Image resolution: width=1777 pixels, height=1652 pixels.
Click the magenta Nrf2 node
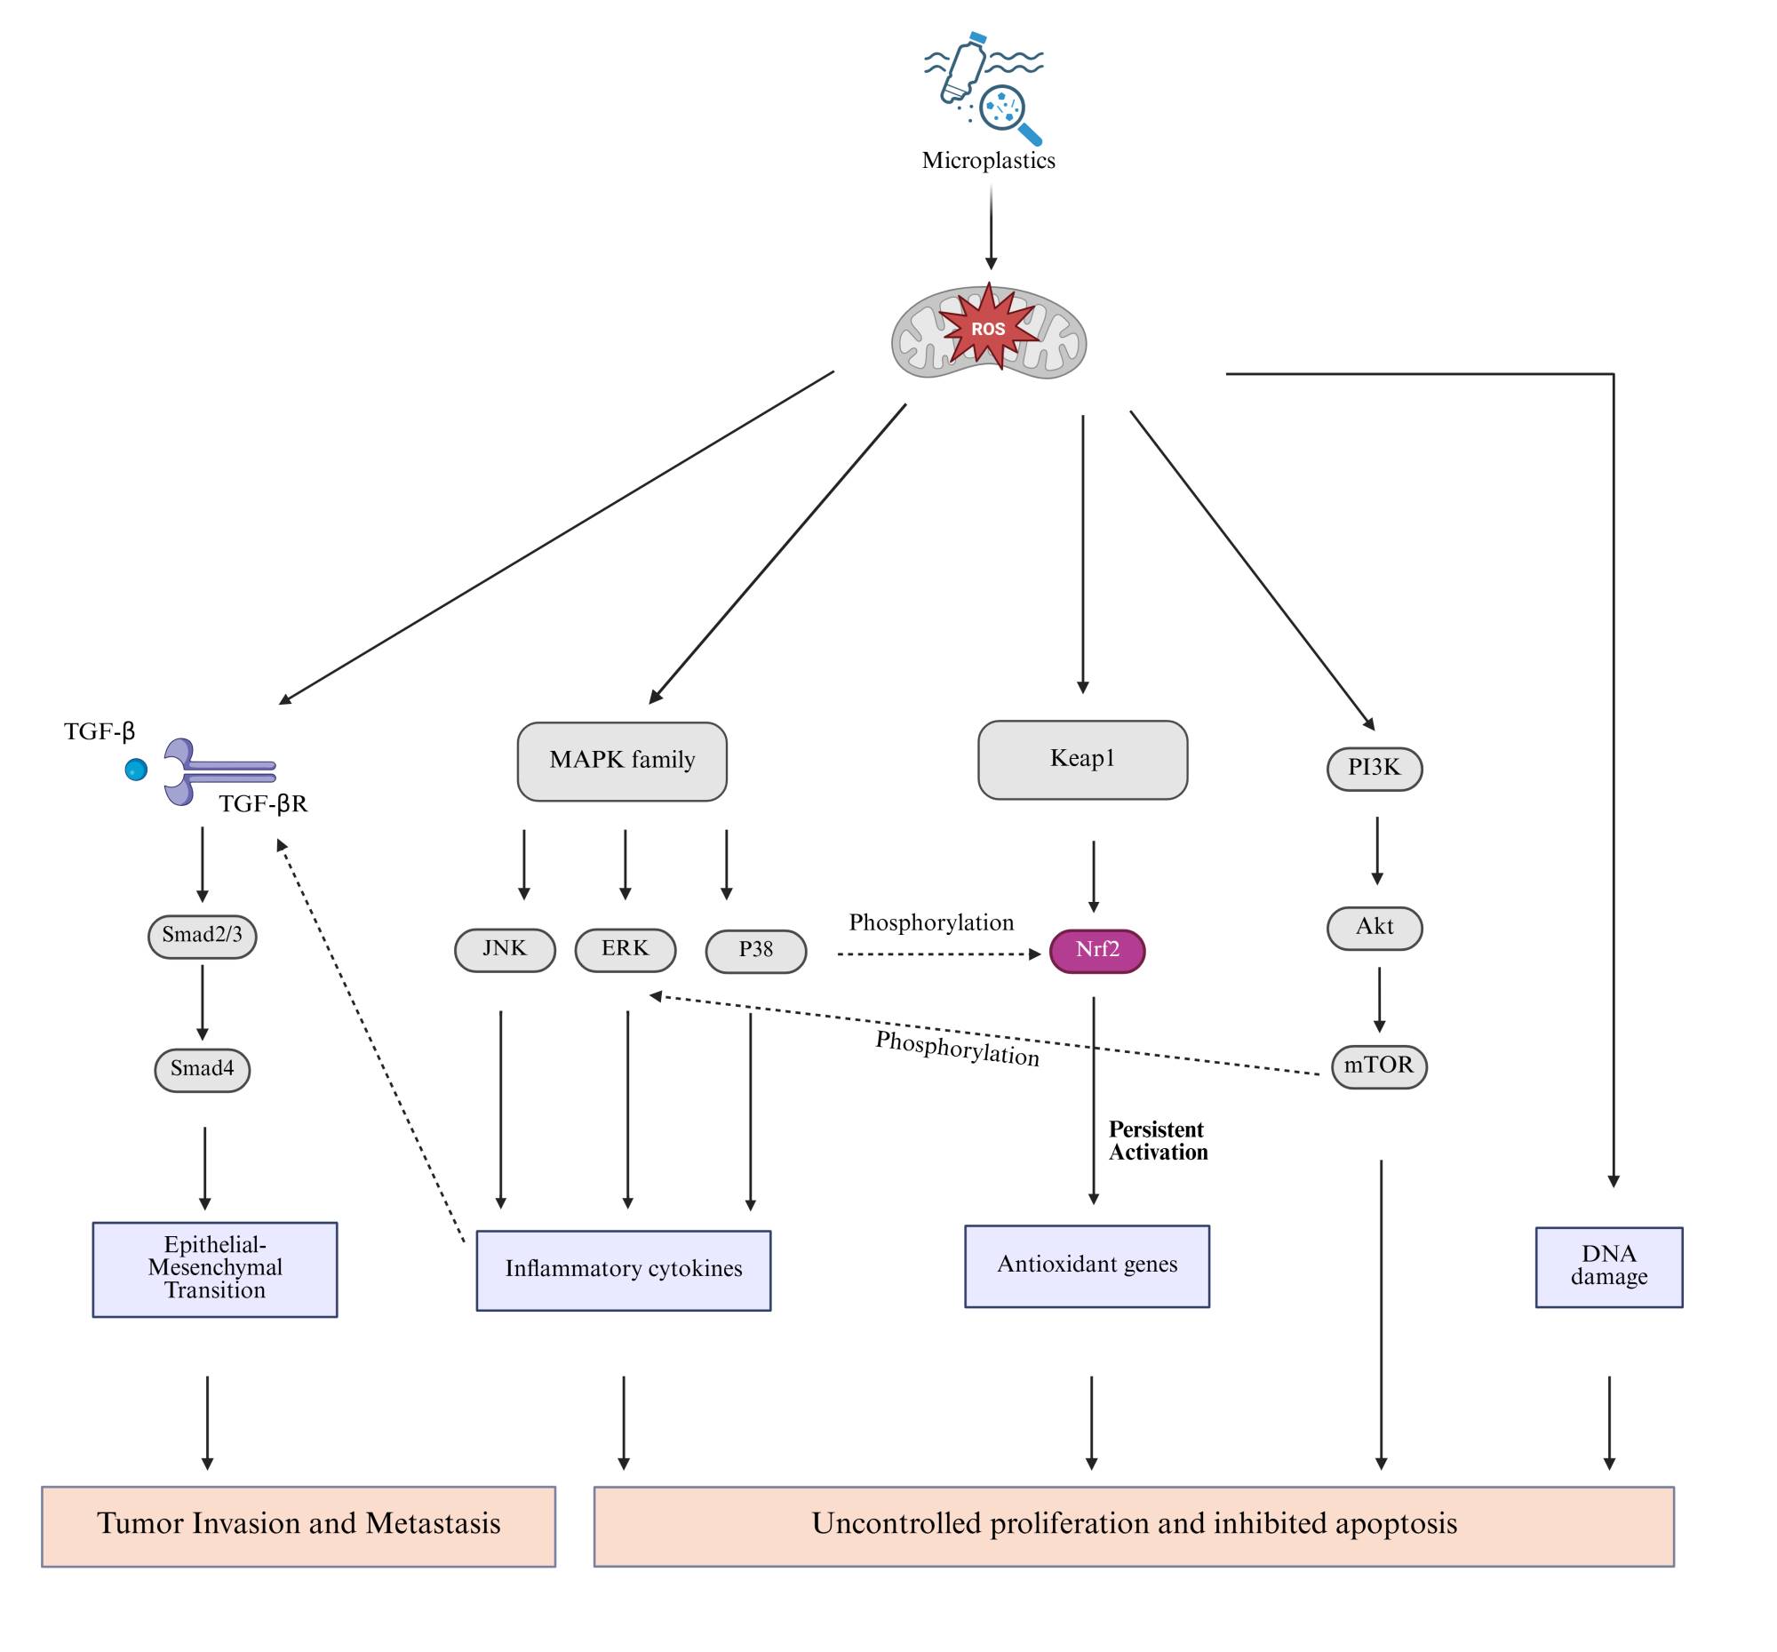click(1096, 950)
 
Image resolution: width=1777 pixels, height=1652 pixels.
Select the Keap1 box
click(1082, 760)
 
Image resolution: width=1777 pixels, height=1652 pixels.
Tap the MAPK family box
click(622, 761)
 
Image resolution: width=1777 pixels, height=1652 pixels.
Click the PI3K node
click(1374, 768)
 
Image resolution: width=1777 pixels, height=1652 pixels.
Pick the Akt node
click(1374, 927)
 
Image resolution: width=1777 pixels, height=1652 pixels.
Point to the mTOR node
click(1378, 1065)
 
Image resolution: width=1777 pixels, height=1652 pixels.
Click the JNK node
click(505, 949)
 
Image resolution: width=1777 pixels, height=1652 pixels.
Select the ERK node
click(625, 949)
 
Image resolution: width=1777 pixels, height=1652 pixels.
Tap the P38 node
click(755, 950)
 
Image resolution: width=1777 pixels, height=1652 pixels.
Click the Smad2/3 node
click(202, 936)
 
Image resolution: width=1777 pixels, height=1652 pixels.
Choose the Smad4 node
click(202, 1069)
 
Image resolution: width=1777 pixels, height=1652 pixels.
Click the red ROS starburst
click(988, 328)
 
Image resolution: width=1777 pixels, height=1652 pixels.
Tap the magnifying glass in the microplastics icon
click(1007, 111)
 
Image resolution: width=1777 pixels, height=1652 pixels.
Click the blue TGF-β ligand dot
click(136, 769)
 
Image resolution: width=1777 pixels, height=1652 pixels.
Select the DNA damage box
click(1608, 1265)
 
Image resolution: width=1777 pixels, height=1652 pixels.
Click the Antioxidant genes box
click(1087, 1265)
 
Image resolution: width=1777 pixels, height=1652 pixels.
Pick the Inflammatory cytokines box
click(623, 1269)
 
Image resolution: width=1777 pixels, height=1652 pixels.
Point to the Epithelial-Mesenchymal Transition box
click(214, 1268)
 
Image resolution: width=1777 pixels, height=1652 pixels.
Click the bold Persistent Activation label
click(1158, 1141)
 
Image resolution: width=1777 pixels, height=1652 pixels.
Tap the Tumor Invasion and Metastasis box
click(299, 1525)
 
